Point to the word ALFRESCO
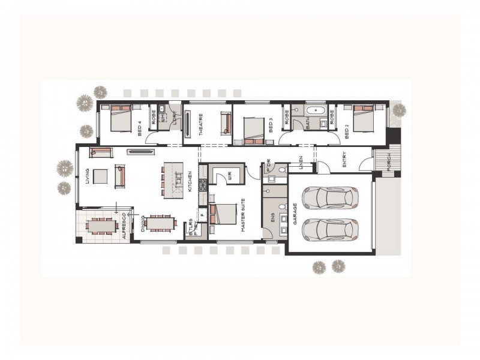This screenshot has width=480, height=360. [x=124, y=226]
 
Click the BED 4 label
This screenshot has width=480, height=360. [x=139, y=128]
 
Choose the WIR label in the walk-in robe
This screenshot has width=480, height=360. [x=229, y=175]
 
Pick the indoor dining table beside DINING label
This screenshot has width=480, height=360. [x=160, y=223]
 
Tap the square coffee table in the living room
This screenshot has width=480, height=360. [x=100, y=176]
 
